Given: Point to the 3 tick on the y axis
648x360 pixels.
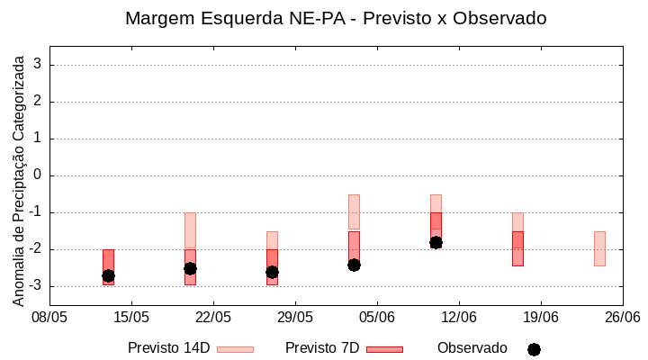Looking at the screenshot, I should [x=38, y=65].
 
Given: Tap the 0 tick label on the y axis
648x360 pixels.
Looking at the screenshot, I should [x=38, y=175].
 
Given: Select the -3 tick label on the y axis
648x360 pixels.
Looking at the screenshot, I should [x=35, y=286].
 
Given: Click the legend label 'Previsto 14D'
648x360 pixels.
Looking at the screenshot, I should [x=169, y=348].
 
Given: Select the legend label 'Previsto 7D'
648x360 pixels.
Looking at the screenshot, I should [x=322, y=348].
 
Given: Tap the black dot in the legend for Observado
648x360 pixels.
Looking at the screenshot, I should [x=534, y=349].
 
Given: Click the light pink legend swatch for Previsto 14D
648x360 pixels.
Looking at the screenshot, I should [x=235, y=349].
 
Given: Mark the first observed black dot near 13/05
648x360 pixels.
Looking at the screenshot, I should [x=108, y=275].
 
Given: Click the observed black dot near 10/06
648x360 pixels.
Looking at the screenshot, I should [x=436, y=242].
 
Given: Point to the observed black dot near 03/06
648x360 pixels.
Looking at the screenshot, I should [x=354, y=265].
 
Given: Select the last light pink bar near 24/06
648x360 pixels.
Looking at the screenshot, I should [x=599, y=248].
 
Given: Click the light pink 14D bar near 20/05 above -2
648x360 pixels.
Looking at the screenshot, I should [x=190, y=230].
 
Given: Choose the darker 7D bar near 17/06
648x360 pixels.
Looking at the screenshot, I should [x=517, y=249].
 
